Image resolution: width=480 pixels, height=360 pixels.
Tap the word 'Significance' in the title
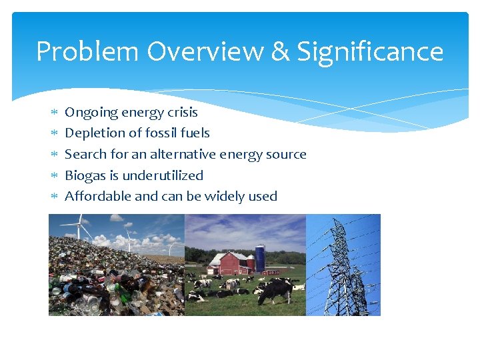370,51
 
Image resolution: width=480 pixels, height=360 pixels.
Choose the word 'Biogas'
85,175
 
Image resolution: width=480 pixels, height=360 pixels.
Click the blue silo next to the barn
260,257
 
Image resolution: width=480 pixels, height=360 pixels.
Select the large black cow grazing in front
275,289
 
